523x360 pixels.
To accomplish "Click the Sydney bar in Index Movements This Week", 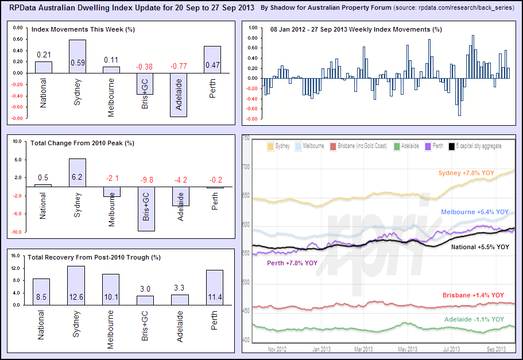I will [78, 56].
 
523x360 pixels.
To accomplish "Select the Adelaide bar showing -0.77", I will [179, 95].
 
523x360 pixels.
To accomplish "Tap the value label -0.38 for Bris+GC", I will [144, 67].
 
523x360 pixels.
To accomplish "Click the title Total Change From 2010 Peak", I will [82, 143].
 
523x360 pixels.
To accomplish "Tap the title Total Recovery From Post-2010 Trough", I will [96, 257].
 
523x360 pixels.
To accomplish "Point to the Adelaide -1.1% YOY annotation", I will [474, 319].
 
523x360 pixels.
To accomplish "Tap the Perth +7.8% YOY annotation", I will [292, 264].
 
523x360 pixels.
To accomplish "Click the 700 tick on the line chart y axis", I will [246, 167].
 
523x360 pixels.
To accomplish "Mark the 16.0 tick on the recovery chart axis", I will [17, 256].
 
